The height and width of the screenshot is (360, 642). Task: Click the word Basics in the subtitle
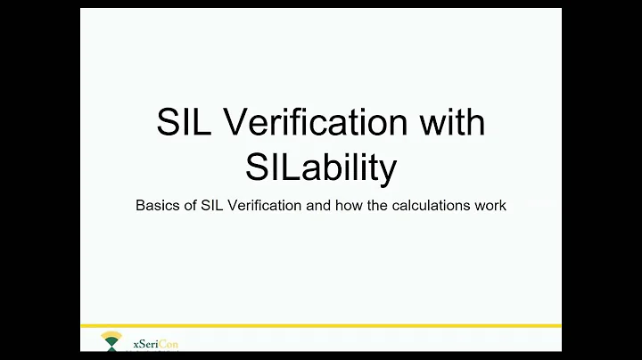click(x=156, y=205)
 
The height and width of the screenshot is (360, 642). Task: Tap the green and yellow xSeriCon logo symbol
click(x=111, y=341)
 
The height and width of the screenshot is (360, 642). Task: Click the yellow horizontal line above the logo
click(x=321, y=326)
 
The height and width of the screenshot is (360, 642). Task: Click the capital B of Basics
click(x=141, y=205)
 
